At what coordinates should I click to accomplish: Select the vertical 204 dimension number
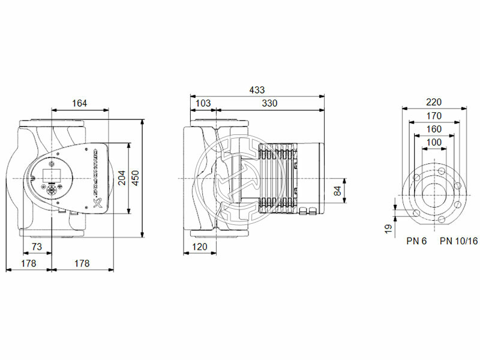[122, 178]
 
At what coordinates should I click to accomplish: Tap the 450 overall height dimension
[136, 178]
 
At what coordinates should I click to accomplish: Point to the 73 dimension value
[37, 247]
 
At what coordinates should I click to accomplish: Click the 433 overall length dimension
[257, 89]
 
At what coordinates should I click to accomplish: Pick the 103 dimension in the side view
[203, 104]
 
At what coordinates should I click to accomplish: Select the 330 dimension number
[269, 104]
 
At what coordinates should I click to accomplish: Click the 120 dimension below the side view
[199, 247]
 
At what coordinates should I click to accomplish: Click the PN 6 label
[415, 241]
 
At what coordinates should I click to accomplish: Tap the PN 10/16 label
[458, 241]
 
